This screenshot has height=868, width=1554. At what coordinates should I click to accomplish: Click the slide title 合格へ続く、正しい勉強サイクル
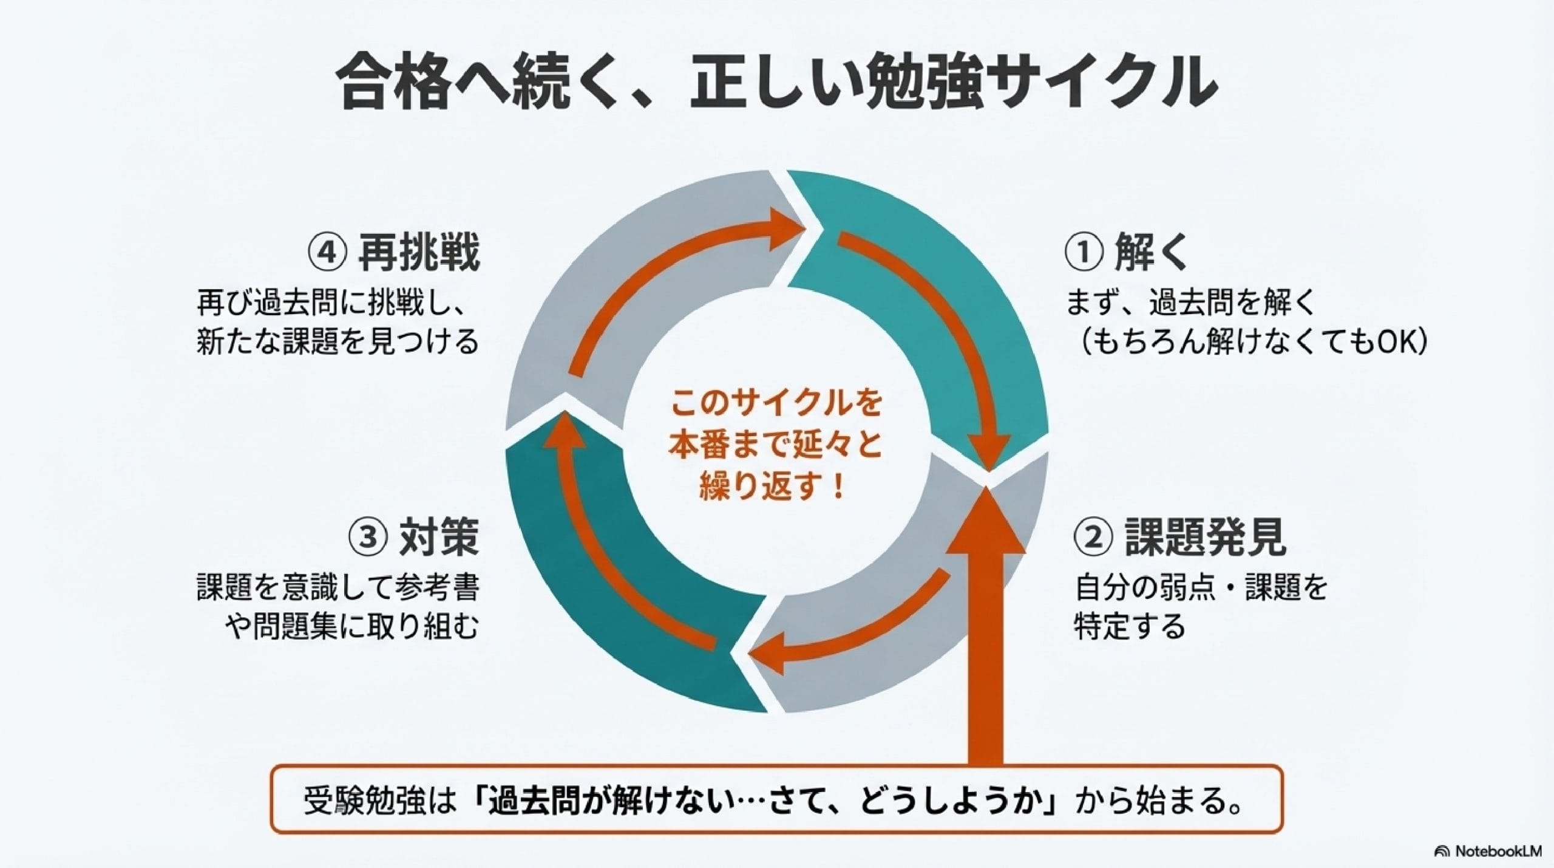pyautogui.click(x=776, y=83)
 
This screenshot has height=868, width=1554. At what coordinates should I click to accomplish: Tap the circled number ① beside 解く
pyautogui.click(x=1083, y=253)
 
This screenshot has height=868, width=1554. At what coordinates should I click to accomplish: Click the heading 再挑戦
pyautogui.click(x=418, y=253)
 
